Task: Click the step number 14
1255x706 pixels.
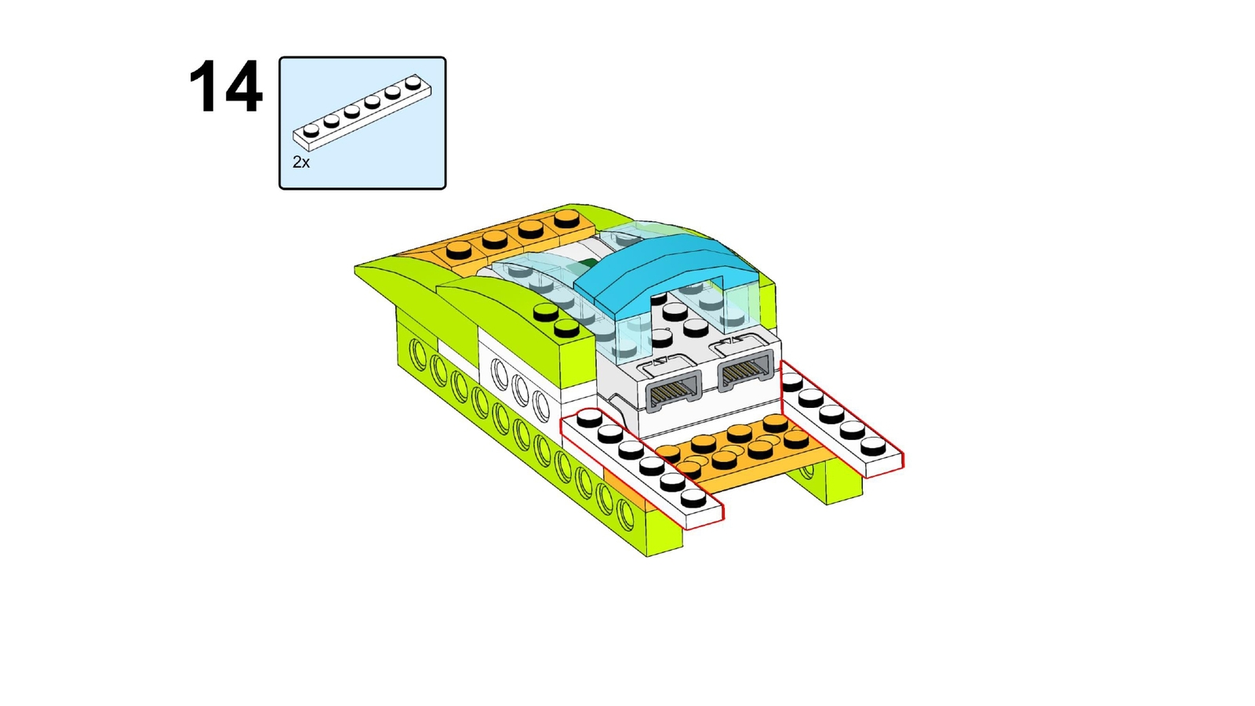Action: click(x=225, y=87)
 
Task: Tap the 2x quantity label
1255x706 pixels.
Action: click(x=301, y=162)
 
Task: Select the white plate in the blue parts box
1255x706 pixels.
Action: click(x=362, y=112)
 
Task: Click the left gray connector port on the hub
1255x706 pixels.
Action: click(x=674, y=388)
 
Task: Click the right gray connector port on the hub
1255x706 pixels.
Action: click(x=746, y=369)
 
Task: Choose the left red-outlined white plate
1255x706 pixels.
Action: click(x=642, y=468)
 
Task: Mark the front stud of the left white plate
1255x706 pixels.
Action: click(x=693, y=498)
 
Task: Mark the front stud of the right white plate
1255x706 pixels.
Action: click(x=873, y=446)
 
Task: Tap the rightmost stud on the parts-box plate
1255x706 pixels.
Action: click(x=413, y=82)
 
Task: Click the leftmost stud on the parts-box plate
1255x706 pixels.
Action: click(x=311, y=130)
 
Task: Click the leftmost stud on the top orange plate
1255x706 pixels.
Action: click(x=459, y=251)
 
